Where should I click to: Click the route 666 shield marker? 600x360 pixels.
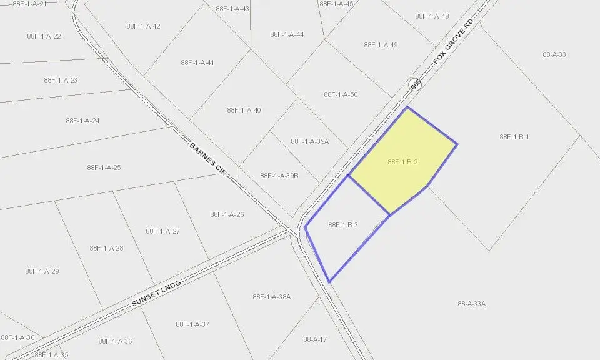[x=416, y=84]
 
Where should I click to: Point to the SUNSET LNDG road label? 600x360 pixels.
[x=156, y=293]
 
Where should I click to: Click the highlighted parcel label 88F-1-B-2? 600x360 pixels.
[x=402, y=162]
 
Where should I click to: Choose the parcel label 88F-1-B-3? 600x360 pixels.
[x=342, y=225]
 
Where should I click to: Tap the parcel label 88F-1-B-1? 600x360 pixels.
[x=514, y=137]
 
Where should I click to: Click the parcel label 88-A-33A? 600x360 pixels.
[x=471, y=304]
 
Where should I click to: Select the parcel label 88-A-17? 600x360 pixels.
[x=315, y=339]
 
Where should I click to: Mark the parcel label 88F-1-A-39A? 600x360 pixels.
[x=309, y=141]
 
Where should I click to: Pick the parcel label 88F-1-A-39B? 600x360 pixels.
[x=279, y=176]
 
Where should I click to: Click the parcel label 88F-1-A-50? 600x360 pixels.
[x=341, y=94]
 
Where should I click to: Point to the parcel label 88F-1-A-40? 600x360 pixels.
[x=244, y=110]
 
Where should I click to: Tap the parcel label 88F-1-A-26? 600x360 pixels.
[x=227, y=214]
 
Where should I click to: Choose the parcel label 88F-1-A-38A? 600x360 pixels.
[x=272, y=297]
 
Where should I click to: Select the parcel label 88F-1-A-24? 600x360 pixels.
[x=82, y=121]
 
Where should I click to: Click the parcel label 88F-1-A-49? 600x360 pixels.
[x=381, y=45]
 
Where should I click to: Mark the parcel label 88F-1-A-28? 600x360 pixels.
[x=106, y=248]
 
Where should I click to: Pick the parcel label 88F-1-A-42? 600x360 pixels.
[x=143, y=26]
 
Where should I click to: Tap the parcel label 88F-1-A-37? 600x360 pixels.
[x=192, y=324]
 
